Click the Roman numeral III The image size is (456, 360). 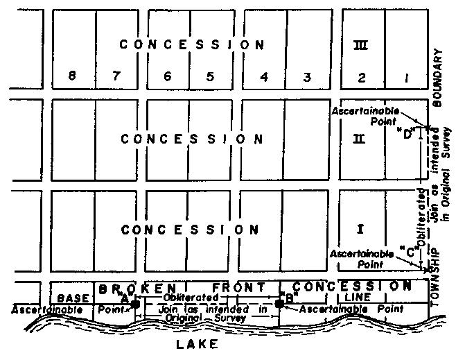tap(360, 45)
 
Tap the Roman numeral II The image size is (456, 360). tap(359, 139)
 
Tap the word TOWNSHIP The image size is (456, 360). tap(437, 273)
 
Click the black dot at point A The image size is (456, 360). tap(135, 304)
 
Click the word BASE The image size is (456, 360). tap(73, 297)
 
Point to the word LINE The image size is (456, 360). tap(359, 297)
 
